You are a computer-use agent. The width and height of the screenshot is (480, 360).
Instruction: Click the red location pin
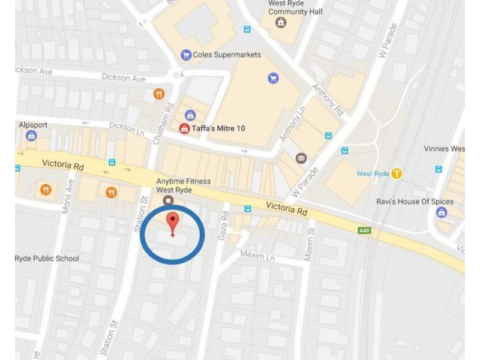coord(172,223)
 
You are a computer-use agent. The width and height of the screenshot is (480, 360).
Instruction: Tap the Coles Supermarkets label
coord(227,55)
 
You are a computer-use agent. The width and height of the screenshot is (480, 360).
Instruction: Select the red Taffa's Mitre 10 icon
coord(184,128)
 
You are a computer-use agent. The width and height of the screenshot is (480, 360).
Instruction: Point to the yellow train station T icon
coord(397,173)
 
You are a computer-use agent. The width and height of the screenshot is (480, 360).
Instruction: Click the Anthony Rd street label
coord(326,95)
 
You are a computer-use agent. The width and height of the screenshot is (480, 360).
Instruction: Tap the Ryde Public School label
coord(47,259)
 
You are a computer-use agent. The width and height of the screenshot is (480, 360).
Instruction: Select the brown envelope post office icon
coord(301,158)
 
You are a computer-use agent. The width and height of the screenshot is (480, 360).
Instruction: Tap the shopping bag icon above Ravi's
coord(442,212)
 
